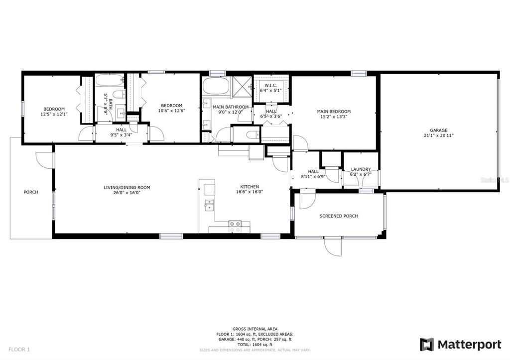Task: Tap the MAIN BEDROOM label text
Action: (x=334, y=112)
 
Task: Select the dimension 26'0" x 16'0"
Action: (x=127, y=193)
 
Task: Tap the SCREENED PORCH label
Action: (x=338, y=216)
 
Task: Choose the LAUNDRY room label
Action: (x=361, y=169)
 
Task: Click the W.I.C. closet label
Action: (x=270, y=85)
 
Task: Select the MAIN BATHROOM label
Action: (x=231, y=107)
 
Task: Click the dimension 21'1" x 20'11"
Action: (x=438, y=135)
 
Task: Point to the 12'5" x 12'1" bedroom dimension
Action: (x=54, y=114)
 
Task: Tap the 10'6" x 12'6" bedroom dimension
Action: (x=171, y=111)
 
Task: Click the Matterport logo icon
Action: (x=426, y=344)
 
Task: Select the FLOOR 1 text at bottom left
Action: (x=19, y=350)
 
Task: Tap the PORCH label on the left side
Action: (x=30, y=192)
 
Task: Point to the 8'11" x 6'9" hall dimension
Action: (x=313, y=176)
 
